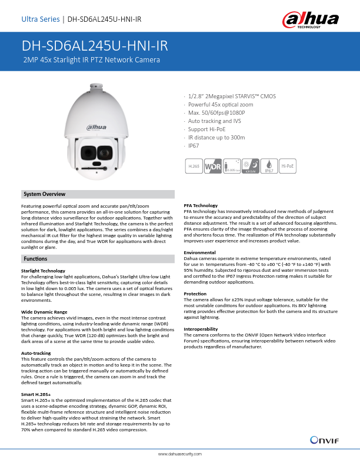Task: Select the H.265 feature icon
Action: pyautogui.click(x=194, y=167)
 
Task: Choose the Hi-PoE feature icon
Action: pyautogui.click(x=288, y=167)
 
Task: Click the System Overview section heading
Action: pyautogui.click(x=44, y=194)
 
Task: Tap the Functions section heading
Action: pyautogui.click(x=36, y=259)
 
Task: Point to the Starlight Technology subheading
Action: pyautogui.click(x=43, y=271)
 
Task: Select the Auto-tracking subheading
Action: pyautogui.click(x=35, y=352)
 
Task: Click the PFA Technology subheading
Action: pyautogui.click(x=201, y=205)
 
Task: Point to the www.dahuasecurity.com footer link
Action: pyautogui.click(x=180, y=454)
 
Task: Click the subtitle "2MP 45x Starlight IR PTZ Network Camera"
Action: pyautogui.click(x=91, y=60)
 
